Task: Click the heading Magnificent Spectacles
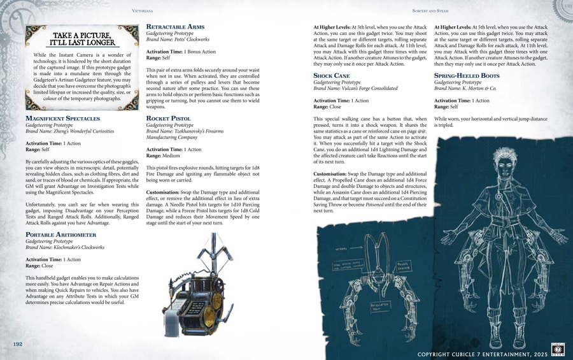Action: pos(62,119)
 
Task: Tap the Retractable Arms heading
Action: pos(176,27)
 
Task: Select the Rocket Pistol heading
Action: pos(169,119)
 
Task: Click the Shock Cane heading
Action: pos(332,75)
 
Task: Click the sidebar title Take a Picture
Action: pos(84,39)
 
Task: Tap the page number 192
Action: pos(18,344)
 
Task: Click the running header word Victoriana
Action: pos(142,11)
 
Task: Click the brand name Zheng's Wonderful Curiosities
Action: pos(79,131)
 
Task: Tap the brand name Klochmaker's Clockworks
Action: pos(74,247)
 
